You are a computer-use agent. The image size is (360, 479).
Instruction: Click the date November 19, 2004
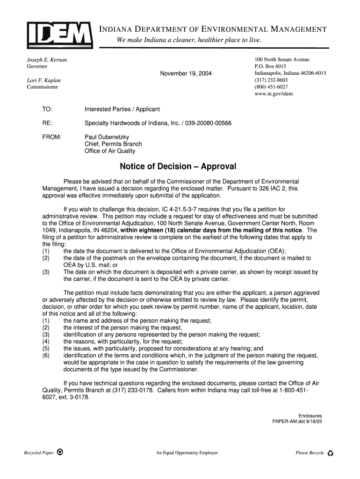coord(186,74)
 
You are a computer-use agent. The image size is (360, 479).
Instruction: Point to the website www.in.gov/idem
coord(274,94)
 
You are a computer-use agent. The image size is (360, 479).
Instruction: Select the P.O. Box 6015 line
coord(270,67)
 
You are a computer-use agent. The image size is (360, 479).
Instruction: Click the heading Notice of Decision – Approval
coord(178,167)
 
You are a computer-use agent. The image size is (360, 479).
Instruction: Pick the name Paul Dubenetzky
coord(107,137)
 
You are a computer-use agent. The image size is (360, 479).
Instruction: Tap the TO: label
coord(47,109)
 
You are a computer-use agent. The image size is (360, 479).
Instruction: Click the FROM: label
coord(51,137)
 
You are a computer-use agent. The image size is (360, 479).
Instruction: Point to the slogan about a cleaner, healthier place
coord(189,40)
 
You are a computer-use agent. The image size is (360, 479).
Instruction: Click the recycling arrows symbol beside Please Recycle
coord(331,453)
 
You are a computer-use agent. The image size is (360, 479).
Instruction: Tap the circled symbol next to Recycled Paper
coord(60,452)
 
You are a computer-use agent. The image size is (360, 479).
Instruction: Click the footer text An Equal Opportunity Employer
coord(187,453)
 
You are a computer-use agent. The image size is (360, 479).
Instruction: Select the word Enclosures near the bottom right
coord(310,416)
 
